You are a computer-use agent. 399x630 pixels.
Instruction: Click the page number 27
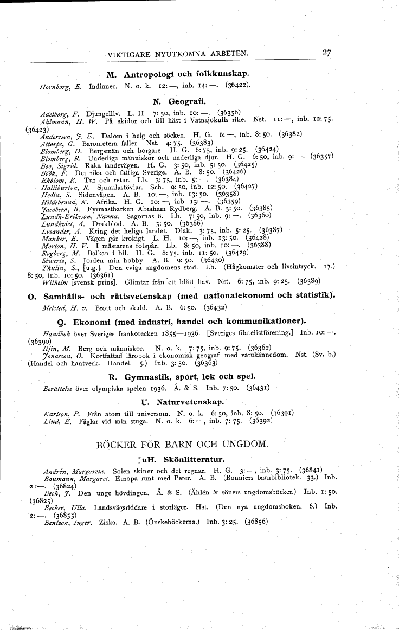tap(326, 53)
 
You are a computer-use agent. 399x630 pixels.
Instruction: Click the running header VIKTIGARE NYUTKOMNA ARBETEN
tap(178, 54)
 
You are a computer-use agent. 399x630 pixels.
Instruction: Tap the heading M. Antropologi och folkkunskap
tap(178, 73)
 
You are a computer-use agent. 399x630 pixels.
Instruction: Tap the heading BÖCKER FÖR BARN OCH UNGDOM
tap(182, 445)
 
